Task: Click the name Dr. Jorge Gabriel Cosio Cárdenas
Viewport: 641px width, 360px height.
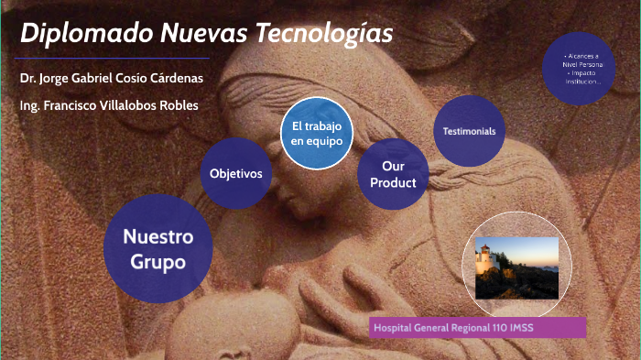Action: [111, 78]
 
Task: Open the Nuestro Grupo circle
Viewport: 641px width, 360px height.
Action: [160, 249]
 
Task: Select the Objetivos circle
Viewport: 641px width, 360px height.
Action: [235, 173]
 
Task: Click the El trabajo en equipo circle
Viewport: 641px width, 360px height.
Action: [317, 134]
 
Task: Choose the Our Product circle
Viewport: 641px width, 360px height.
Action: [393, 174]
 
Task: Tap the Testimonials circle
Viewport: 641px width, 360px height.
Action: [469, 131]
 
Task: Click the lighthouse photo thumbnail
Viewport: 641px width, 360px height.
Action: [516, 267]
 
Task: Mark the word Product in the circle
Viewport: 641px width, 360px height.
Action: [393, 182]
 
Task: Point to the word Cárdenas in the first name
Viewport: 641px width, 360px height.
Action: [174, 78]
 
